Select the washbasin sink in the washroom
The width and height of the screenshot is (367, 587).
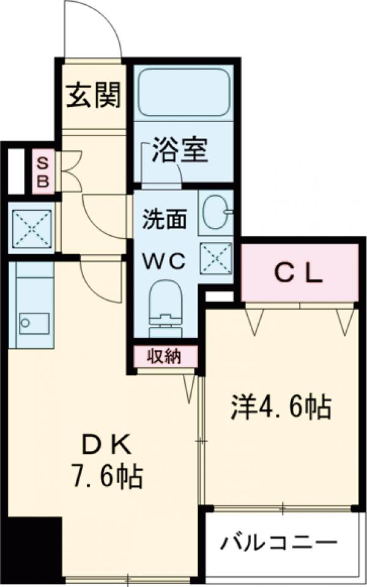215,211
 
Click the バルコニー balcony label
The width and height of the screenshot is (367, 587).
279,542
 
